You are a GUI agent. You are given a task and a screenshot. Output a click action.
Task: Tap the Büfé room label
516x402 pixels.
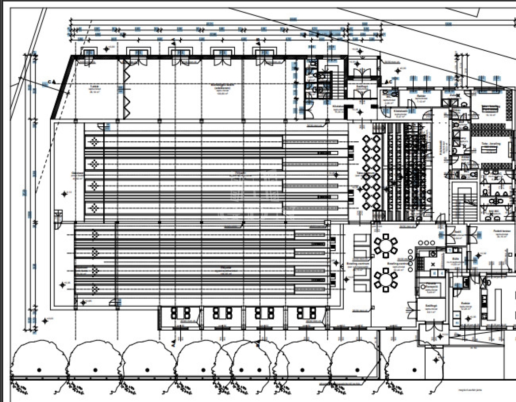(456, 259)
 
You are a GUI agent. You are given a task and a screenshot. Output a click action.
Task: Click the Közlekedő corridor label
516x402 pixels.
(441, 147)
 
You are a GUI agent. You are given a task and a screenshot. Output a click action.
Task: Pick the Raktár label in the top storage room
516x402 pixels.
(421, 96)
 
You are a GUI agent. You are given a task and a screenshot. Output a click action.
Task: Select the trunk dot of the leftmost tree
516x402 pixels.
(39, 370)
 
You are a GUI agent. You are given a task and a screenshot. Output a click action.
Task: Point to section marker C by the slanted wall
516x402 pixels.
(50, 82)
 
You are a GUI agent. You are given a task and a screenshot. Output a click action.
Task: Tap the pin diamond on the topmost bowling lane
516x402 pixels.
(94, 142)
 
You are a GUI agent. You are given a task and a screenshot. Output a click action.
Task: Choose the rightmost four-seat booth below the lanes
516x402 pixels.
(306, 313)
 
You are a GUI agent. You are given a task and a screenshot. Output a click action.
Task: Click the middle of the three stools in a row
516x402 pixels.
(427, 243)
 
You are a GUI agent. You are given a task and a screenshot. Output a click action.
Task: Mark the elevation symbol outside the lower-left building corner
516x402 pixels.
(45, 321)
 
